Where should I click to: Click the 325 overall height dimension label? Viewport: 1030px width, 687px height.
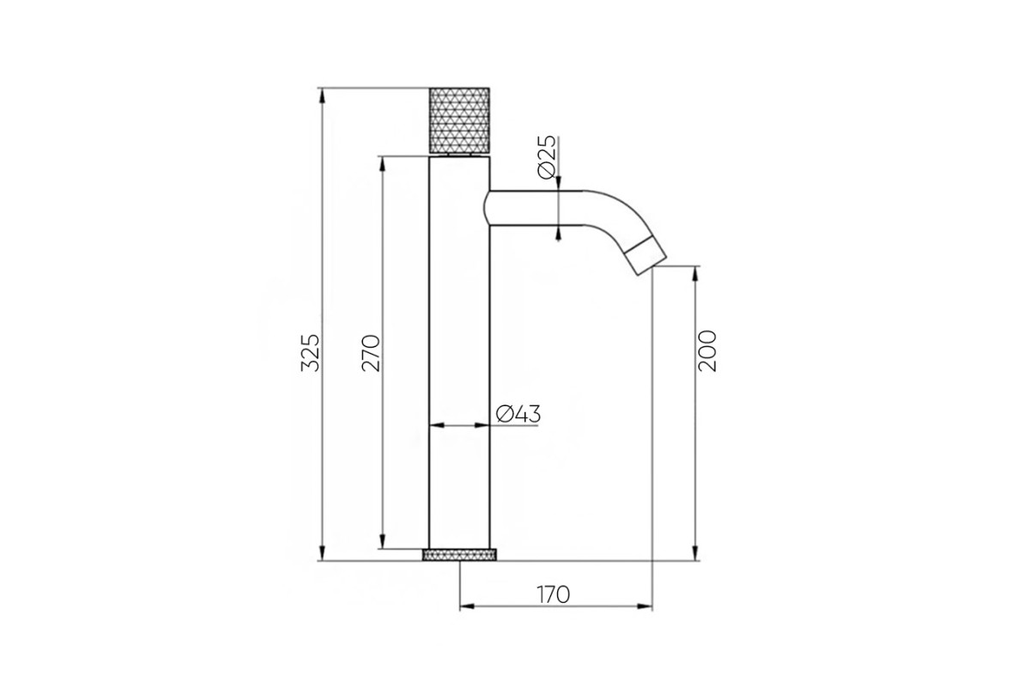pyautogui.click(x=310, y=353)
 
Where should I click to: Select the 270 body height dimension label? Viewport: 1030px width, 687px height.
pyautogui.click(x=372, y=354)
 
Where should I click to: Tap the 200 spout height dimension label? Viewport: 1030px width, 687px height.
pyautogui.click(x=707, y=351)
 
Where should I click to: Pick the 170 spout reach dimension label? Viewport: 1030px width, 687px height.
pyautogui.click(x=553, y=594)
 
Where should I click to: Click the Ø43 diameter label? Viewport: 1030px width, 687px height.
pyautogui.click(x=518, y=414)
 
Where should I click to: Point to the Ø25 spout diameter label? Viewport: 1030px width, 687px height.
pyautogui.click(x=548, y=157)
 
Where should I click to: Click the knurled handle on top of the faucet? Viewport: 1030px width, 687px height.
pyautogui.click(x=459, y=120)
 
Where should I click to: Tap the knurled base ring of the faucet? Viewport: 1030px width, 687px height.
pyautogui.click(x=459, y=555)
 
